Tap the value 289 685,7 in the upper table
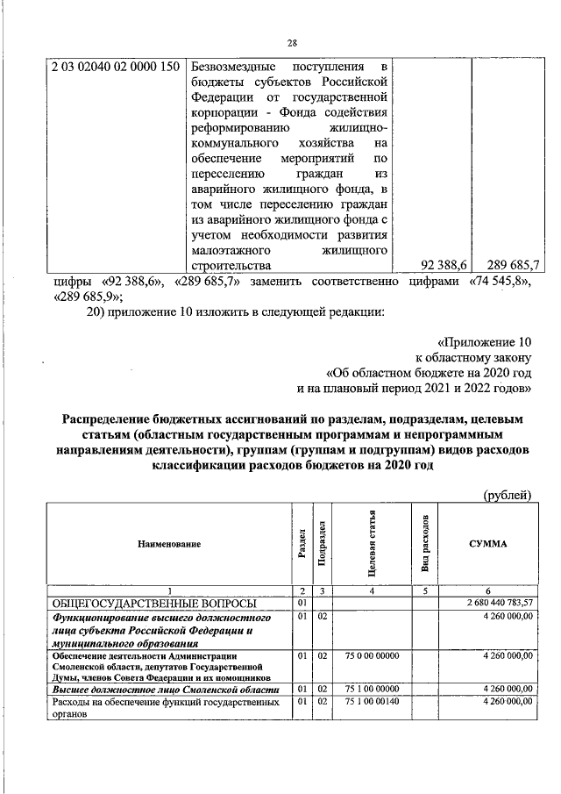pyautogui.click(x=515, y=263)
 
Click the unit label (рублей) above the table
pyautogui.click(x=508, y=495)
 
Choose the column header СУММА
pyautogui.click(x=487, y=544)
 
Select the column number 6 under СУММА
pyautogui.click(x=487, y=590)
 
